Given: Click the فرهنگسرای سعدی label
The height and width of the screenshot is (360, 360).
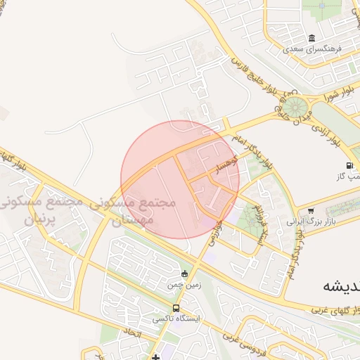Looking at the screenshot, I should coord(312,50).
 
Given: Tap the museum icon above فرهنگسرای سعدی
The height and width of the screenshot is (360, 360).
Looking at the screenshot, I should coord(312,38).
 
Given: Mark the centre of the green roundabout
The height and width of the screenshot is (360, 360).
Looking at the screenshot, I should coord(294,108).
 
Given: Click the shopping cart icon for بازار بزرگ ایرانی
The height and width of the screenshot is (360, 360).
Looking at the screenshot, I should coord(311,210).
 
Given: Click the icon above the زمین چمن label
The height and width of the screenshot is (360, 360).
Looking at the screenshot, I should coord(184,274).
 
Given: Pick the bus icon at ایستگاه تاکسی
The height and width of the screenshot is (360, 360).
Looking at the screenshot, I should coord(176,308).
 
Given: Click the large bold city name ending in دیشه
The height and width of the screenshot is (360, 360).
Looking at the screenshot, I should coord(341,286).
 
